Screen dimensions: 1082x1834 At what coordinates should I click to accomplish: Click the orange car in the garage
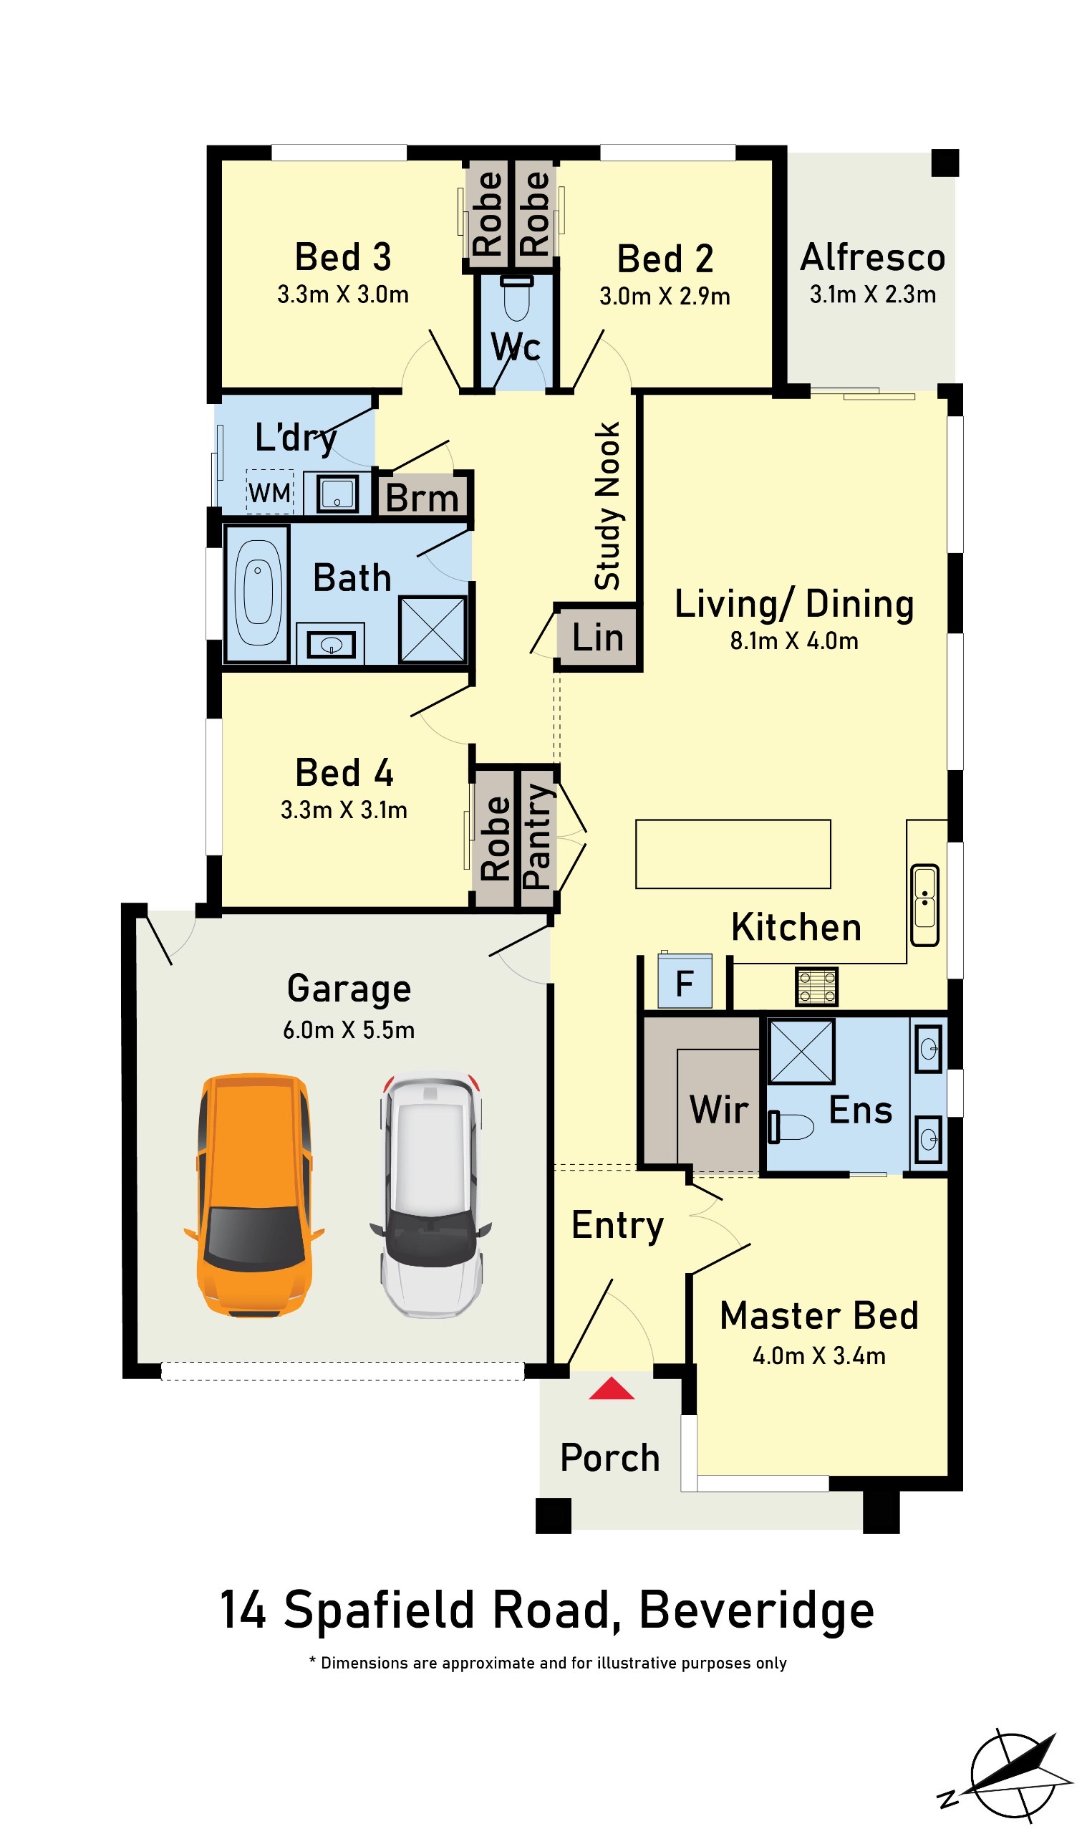(253, 1196)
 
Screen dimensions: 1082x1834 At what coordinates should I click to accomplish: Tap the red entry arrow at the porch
(612, 1389)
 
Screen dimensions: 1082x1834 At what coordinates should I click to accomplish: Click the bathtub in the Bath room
(257, 593)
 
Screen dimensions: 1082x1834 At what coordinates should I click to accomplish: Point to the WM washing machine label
(270, 494)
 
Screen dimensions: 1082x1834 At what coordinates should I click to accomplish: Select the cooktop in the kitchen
(816, 986)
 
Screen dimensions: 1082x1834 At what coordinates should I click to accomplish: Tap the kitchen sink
(924, 906)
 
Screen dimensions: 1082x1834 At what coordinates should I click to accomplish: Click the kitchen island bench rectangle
(733, 855)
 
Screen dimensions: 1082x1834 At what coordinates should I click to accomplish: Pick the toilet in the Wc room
(517, 299)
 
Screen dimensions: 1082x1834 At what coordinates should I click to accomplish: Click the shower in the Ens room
(801, 1052)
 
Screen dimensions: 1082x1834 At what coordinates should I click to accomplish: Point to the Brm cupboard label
(422, 499)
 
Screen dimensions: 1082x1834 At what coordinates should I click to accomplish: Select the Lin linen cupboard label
(598, 638)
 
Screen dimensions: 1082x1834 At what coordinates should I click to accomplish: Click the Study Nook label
(607, 506)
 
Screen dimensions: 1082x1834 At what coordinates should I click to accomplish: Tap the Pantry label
(537, 837)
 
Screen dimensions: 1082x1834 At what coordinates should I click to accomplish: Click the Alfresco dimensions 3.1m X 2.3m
(873, 294)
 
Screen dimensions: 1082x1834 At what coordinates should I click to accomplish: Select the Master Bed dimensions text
(818, 1356)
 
